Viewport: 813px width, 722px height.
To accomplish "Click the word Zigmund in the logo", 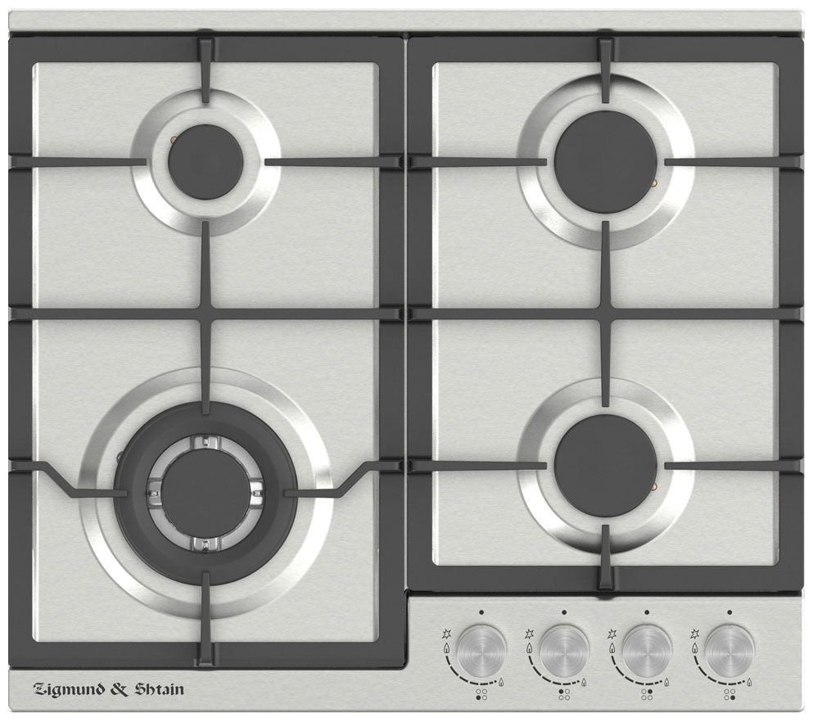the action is [69, 690].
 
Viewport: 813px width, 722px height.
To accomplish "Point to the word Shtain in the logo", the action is [159, 689].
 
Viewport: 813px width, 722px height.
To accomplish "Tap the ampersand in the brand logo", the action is [120, 689].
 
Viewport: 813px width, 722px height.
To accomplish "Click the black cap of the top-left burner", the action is [206, 161].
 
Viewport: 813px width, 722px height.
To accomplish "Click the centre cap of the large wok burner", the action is [206, 494].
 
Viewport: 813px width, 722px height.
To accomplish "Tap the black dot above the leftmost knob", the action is [481, 612].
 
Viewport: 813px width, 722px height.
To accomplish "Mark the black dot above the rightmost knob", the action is [730, 612].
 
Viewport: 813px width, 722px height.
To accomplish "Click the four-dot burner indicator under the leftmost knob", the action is [481, 694].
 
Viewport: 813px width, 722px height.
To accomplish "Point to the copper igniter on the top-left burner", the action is [174, 138].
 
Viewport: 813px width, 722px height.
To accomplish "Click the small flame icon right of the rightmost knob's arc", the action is [750, 682].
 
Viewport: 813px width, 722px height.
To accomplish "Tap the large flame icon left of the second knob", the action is [528, 648].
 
